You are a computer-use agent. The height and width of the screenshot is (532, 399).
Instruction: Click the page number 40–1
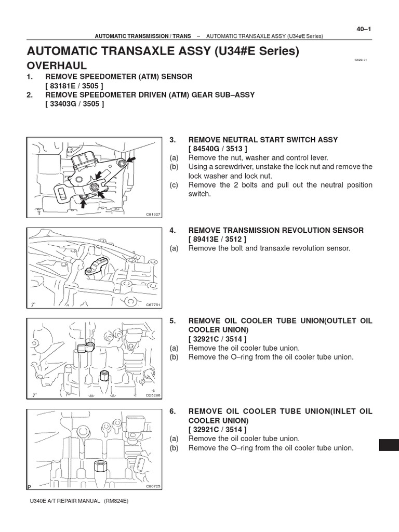(364, 29)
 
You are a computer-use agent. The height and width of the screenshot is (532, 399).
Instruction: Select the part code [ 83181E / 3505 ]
(75, 85)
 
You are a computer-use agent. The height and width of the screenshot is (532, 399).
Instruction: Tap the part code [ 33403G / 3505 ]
(75, 104)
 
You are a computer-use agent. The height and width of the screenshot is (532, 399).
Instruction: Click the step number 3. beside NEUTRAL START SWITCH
(173, 140)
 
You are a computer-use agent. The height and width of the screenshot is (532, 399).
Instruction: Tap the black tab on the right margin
(389, 445)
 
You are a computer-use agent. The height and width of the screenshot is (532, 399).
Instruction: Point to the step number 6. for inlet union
(173, 411)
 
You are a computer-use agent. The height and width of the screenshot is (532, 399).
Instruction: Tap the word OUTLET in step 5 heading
(329, 321)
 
